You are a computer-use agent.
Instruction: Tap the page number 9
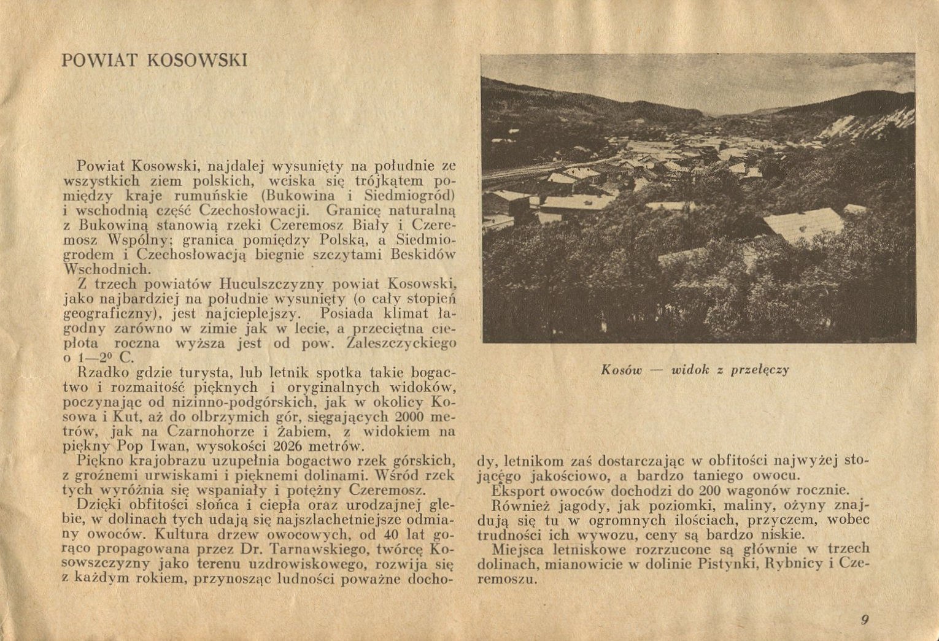pyautogui.click(x=865, y=620)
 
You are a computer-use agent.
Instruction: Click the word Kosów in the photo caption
pyautogui.click(x=621, y=370)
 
